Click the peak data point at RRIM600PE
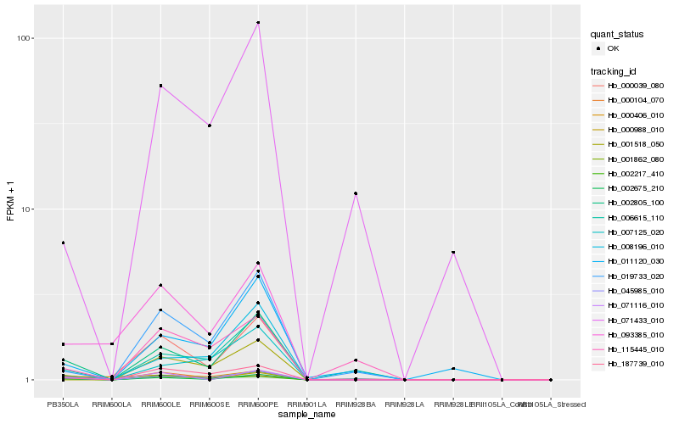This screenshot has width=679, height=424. [258, 22]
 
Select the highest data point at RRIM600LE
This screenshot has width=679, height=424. [160, 86]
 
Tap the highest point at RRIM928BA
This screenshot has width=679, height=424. [356, 193]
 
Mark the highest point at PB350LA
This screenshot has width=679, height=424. [63, 243]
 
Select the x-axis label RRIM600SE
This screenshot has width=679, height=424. [209, 404]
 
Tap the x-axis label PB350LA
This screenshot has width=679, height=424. [63, 404]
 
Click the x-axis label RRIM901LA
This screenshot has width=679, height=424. [307, 404]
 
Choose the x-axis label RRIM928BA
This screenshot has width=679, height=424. [356, 404]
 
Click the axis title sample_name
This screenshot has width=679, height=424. [306, 415]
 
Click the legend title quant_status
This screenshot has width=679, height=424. [617, 34]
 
